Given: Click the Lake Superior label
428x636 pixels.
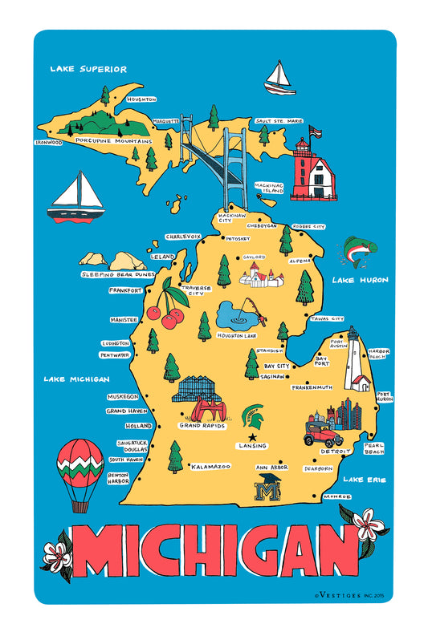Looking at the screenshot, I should click(x=88, y=69).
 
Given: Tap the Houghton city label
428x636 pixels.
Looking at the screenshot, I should click(x=141, y=99).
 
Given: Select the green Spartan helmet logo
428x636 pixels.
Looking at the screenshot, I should click(x=253, y=415).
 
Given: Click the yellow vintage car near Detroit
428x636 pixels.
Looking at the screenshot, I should click(x=320, y=435).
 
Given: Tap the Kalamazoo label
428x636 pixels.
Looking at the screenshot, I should click(x=211, y=466).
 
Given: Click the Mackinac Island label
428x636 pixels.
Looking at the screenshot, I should click(x=270, y=187).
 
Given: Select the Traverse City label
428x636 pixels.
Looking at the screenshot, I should click(x=196, y=290).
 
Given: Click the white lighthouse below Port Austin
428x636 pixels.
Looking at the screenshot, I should click(x=353, y=363).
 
